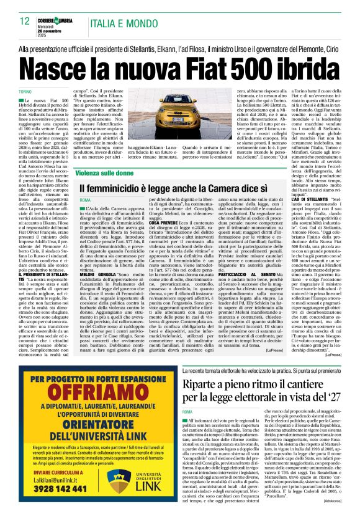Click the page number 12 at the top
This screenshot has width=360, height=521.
point(25,21)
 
